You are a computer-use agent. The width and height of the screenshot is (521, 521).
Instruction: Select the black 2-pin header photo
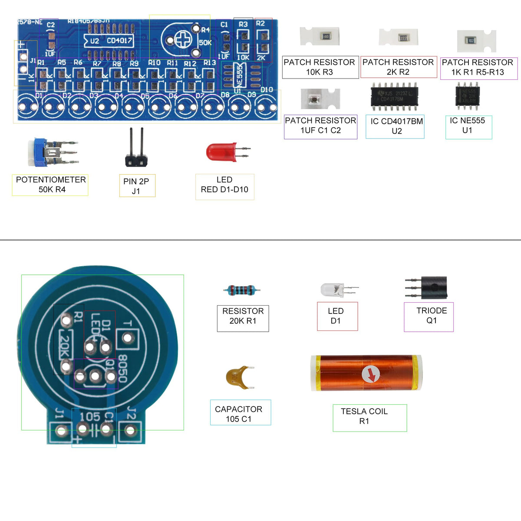click(x=136, y=150)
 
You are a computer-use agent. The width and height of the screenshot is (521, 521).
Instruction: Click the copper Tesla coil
click(x=366, y=373)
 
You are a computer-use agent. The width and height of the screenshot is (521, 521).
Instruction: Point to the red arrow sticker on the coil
click(x=370, y=374)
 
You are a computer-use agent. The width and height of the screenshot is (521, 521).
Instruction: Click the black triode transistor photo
click(x=432, y=287)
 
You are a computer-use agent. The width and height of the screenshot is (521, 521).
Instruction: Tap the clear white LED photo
click(x=333, y=290)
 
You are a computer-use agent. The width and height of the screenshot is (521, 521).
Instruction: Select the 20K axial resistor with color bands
click(x=242, y=290)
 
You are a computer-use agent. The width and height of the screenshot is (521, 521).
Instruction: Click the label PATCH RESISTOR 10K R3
click(x=320, y=67)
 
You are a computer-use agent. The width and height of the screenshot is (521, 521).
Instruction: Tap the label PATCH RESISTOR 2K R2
click(x=398, y=67)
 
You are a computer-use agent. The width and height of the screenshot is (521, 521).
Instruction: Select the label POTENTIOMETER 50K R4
click(x=50, y=185)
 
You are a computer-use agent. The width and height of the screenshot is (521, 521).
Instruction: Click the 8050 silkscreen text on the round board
click(x=123, y=369)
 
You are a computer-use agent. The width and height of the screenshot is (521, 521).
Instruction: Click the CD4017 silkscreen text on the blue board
click(x=119, y=41)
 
